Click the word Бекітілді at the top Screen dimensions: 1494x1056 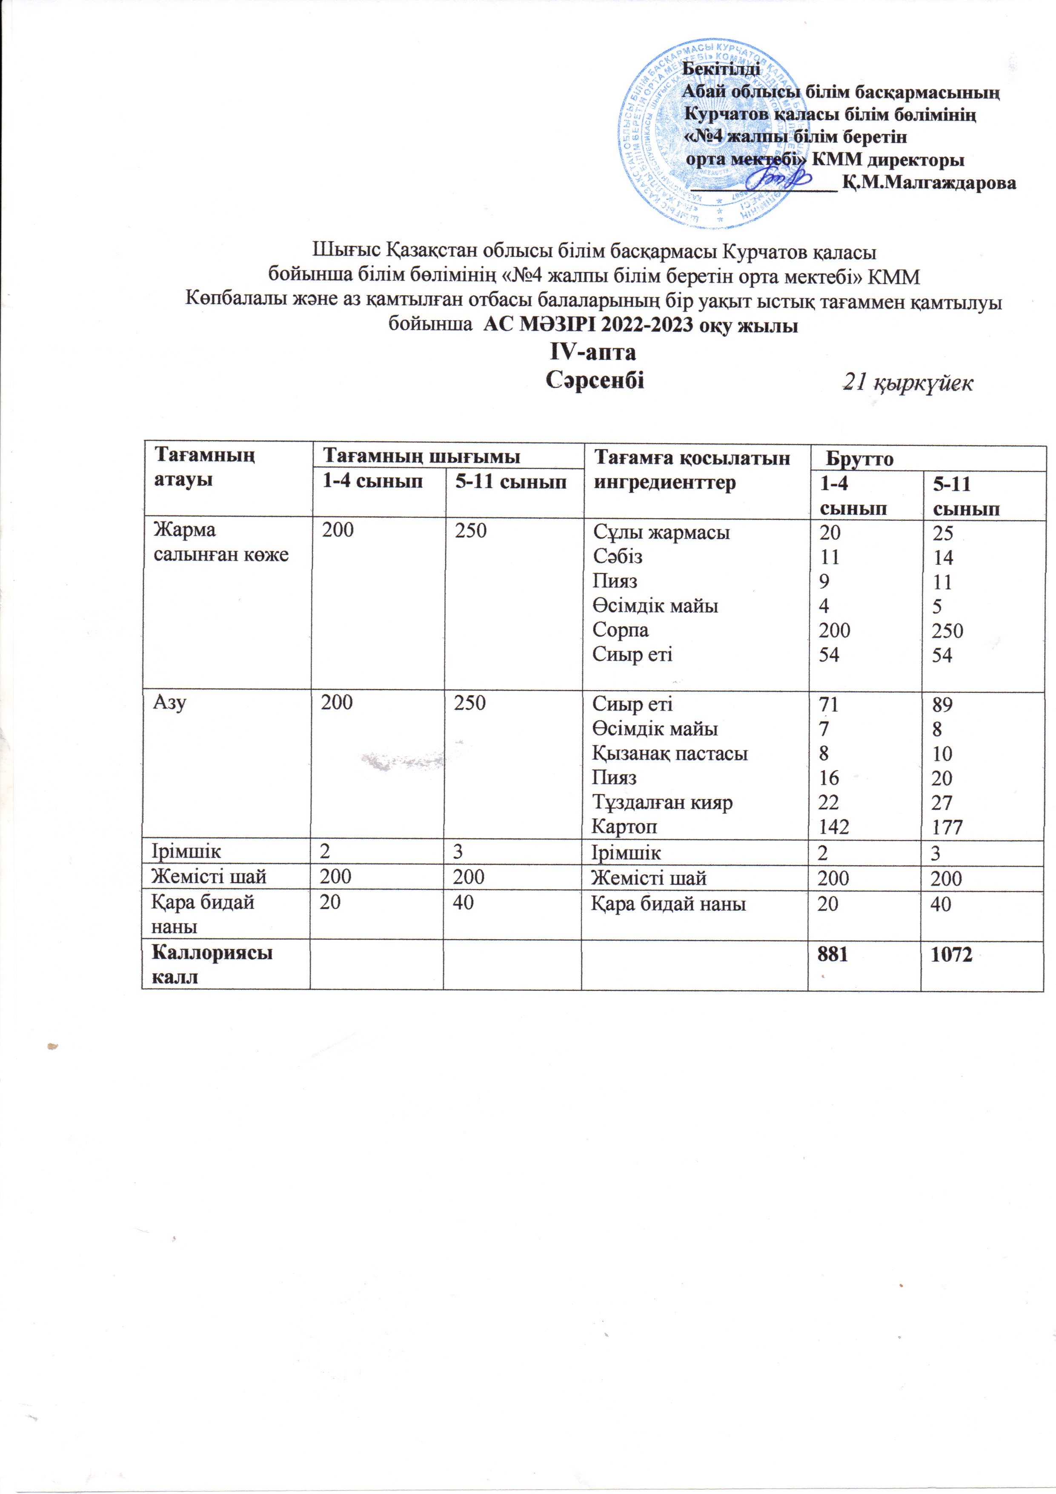point(720,68)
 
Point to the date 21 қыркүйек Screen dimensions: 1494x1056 point(907,383)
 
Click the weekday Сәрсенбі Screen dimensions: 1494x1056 point(595,379)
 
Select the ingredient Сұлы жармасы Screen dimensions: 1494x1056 point(661,532)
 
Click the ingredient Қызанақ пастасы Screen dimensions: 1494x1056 point(670,754)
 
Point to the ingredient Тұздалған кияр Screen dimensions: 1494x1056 point(662,802)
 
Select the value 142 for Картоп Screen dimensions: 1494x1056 point(834,827)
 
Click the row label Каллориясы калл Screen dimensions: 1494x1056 point(212,964)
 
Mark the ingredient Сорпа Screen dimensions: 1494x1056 point(620,630)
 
